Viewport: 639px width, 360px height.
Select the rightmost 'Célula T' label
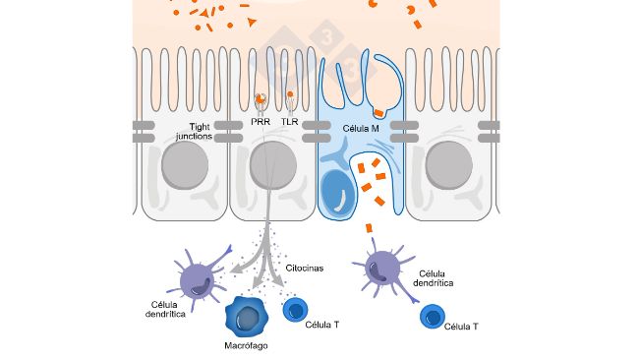tap(462, 326)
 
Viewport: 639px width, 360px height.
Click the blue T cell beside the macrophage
tap(297, 311)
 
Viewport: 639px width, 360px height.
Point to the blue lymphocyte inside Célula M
tap(340, 193)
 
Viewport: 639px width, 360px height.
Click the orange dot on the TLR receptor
tap(291, 95)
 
